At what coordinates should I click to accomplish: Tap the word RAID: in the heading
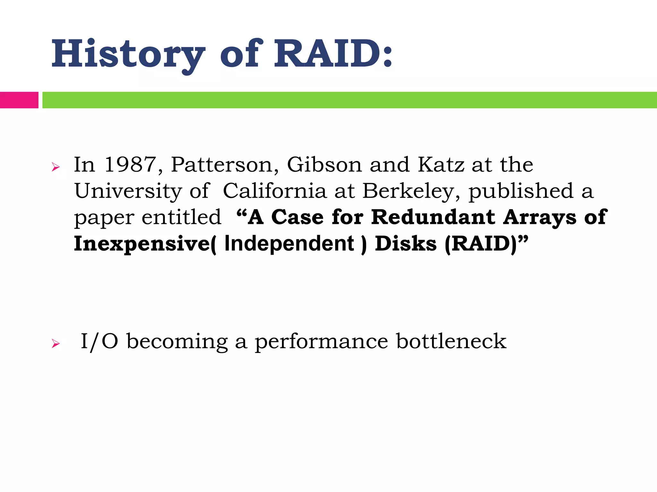tap(333, 54)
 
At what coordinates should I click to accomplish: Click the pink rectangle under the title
tap(19, 100)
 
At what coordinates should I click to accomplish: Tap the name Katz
tap(441, 165)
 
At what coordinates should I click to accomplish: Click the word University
tap(128, 191)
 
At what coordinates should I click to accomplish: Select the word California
tap(275, 191)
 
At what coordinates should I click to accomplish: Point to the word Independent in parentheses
tap(289, 243)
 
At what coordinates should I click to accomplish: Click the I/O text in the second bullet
tap(99, 341)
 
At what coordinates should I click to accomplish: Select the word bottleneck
tap(451, 341)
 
